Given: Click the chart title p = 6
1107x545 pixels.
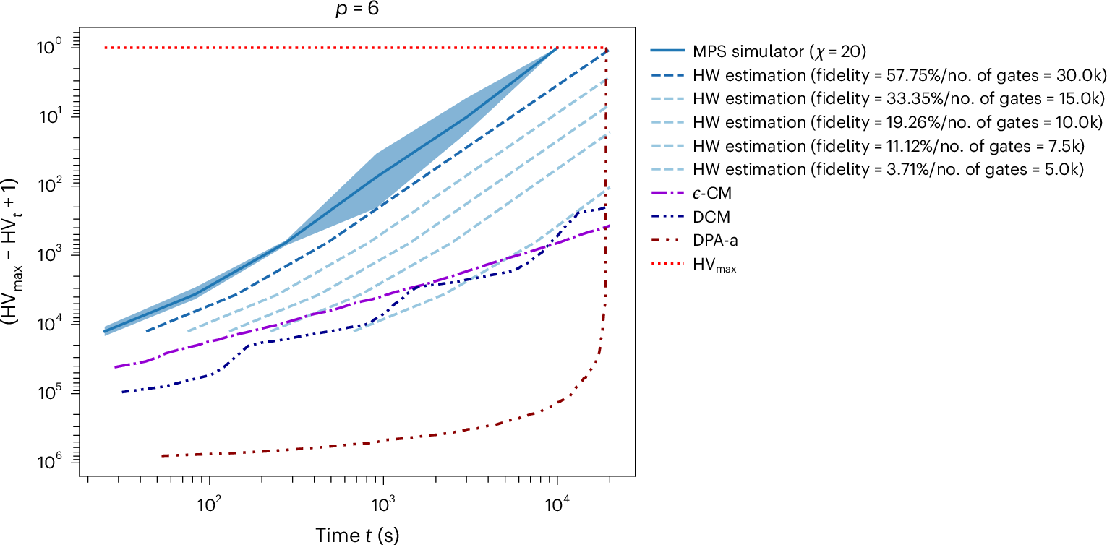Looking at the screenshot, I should click(x=356, y=9).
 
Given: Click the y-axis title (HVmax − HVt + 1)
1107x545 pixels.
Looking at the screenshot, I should click(x=15, y=252).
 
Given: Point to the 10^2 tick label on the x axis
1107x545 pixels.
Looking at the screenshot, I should click(x=209, y=499).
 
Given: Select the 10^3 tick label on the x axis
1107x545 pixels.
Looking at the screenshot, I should click(x=382, y=499).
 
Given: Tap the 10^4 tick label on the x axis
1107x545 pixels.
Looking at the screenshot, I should click(x=556, y=499).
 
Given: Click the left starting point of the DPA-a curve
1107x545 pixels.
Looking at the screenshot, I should click(x=162, y=455).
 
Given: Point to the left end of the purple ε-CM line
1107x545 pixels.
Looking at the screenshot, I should click(x=116, y=367).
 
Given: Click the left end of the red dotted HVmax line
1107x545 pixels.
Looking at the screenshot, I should click(x=106, y=48).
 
